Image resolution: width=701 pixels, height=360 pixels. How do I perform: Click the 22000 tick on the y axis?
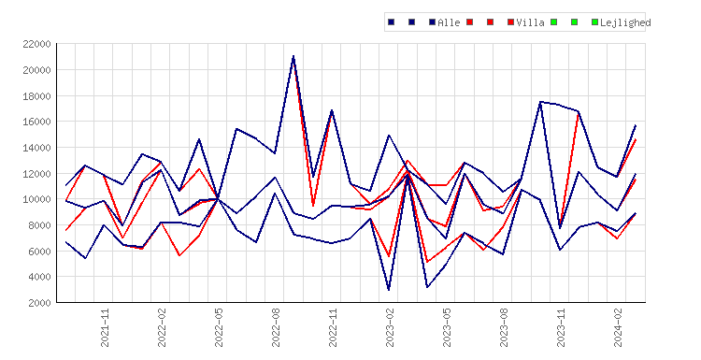click(36, 44)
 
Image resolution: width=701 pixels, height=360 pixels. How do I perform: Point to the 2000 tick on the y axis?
click(39, 303)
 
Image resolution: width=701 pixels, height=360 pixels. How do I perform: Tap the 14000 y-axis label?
click(36, 148)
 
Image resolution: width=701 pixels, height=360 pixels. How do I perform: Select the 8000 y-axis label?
click(39, 225)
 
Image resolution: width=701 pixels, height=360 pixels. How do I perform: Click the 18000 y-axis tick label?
click(36, 96)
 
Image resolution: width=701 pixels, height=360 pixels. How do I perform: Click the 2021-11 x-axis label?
click(105, 328)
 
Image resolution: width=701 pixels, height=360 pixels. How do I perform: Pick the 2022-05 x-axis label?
click(219, 328)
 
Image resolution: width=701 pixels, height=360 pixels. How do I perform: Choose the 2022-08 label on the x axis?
click(276, 328)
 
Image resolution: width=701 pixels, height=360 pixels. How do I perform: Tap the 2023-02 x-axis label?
click(390, 328)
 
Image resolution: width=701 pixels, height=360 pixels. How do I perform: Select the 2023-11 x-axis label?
click(561, 328)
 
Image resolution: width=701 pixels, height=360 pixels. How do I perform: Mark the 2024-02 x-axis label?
click(619, 328)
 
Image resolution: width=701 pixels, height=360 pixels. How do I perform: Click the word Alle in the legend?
click(449, 22)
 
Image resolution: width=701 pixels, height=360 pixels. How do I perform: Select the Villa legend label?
click(530, 22)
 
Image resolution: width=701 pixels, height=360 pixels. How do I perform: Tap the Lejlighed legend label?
click(625, 22)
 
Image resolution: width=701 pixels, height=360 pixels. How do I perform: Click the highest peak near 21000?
click(293, 56)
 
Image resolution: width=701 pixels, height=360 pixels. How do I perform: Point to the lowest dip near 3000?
click(389, 290)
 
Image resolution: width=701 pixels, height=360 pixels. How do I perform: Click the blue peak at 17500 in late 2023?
click(540, 102)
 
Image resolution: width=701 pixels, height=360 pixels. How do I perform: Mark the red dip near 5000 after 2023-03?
click(427, 262)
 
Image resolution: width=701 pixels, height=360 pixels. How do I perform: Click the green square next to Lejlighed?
click(594, 22)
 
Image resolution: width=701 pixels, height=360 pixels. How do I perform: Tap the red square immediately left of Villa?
click(510, 22)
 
